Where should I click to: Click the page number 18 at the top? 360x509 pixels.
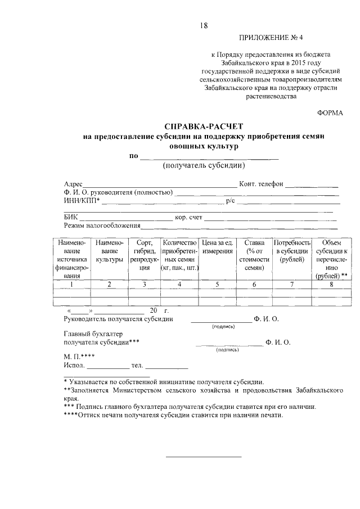[x=204, y=26]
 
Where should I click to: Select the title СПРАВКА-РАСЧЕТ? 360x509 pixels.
[x=204, y=127]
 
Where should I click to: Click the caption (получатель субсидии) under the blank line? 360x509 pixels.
[x=204, y=166]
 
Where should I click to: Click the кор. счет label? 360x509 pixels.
[x=188, y=217]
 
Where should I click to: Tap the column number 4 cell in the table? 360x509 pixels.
[x=179, y=285]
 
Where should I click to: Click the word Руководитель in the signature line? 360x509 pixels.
[x=88, y=319]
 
